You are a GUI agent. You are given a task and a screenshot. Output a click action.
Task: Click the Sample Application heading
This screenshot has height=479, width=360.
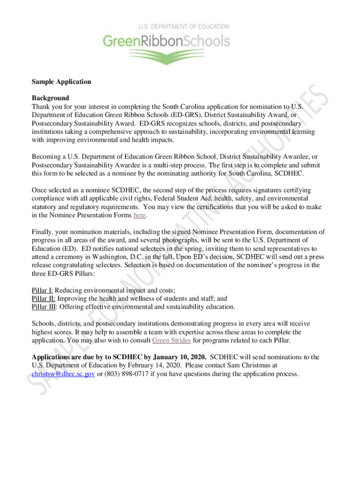[x=61, y=82]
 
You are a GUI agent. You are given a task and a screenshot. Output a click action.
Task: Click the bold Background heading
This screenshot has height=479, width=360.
[x=50, y=98]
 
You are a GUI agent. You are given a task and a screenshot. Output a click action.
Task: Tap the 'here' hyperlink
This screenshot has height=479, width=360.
[x=140, y=215]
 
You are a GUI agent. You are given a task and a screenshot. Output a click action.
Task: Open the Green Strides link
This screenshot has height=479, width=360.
[x=171, y=340]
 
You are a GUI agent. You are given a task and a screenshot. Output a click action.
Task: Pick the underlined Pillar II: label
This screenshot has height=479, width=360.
[x=43, y=298]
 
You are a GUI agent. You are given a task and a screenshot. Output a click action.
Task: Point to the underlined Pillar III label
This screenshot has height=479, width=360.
[x=44, y=307]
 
